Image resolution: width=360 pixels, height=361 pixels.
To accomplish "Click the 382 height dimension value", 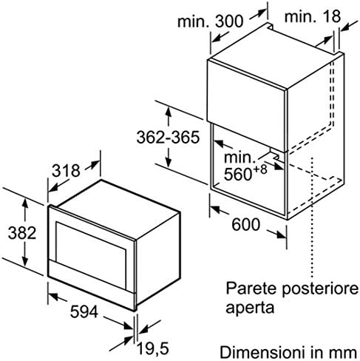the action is tap(22, 232).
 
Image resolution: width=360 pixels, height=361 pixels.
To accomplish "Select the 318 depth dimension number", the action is tap(66, 170).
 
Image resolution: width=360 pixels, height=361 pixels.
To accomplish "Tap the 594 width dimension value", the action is tap(84, 311).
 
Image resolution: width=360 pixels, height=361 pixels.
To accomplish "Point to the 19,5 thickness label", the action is tap(153, 348).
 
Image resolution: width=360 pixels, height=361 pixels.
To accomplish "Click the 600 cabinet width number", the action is tap(246, 225).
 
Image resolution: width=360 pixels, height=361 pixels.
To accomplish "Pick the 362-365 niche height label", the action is tap(168, 138).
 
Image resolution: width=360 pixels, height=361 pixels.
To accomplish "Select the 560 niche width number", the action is tap(238, 174).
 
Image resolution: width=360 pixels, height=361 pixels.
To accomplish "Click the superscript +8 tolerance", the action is tap(259, 169).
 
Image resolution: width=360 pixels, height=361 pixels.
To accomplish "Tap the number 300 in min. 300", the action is tap(229, 21).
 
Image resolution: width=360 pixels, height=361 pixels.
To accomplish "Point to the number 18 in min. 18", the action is tap(331, 16).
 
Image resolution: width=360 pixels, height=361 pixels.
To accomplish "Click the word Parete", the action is tap(251, 288).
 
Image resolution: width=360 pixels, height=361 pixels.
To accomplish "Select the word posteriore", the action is tap(320, 289).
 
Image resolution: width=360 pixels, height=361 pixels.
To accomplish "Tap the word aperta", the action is tap(250, 308).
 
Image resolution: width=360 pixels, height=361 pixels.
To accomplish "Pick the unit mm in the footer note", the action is tap(343, 353).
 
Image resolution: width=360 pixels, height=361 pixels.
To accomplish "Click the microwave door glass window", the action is tap(91, 255).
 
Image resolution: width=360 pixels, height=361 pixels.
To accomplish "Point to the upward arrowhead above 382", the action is tap(25, 203).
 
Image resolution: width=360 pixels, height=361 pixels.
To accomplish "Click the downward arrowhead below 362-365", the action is tap(169, 162).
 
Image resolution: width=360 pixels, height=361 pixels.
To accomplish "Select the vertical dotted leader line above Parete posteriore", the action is tap(313, 217).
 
